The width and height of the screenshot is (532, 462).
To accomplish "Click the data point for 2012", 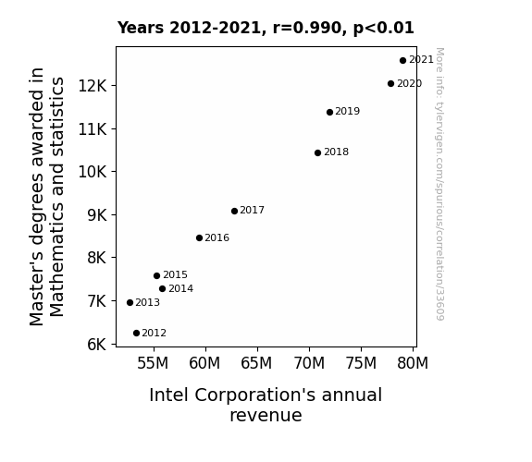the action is [x=136, y=334].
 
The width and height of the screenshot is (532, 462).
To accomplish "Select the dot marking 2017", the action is [x=234, y=212].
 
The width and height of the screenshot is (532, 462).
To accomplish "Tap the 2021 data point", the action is [x=402, y=61].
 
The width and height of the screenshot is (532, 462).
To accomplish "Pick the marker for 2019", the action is [x=329, y=112].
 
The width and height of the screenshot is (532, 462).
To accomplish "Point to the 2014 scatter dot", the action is [x=162, y=289].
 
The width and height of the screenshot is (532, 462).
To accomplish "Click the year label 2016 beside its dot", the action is [x=217, y=238].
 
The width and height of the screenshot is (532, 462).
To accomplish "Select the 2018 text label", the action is [x=336, y=152].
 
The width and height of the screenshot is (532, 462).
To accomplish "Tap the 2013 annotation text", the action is [x=148, y=302].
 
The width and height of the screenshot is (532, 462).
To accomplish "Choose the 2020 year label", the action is [x=410, y=83].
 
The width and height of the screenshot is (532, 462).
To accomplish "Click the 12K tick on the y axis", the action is [x=93, y=86].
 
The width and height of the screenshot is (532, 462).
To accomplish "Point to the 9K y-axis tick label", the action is [x=97, y=215].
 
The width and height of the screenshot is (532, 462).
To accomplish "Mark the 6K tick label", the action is [x=97, y=345].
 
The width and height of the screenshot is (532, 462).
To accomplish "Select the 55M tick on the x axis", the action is [x=153, y=363].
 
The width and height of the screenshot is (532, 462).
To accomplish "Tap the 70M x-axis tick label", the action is [x=309, y=363].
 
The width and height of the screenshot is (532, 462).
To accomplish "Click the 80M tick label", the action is [x=413, y=363].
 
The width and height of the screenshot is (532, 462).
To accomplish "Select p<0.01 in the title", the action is [x=384, y=29].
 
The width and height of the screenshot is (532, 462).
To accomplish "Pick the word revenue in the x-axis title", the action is [x=266, y=416].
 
